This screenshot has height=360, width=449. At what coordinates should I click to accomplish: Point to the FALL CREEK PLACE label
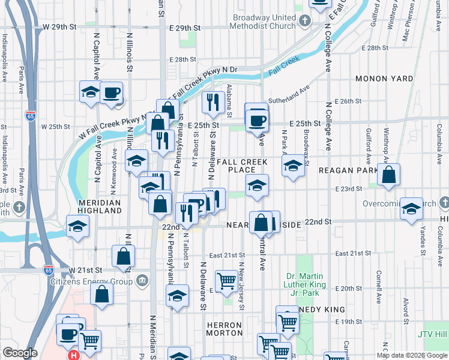[x=242, y=166]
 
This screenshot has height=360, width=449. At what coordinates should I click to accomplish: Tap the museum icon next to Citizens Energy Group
[x=143, y=280]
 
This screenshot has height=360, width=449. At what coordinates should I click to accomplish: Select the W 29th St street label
[x=60, y=28]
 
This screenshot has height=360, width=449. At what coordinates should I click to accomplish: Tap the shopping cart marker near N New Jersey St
[x=226, y=281]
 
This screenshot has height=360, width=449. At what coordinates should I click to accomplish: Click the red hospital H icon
[x=74, y=355]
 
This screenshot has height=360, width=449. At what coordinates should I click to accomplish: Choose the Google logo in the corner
[x=20, y=353]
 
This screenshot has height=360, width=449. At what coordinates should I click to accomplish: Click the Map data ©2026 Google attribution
[x=411, y=355]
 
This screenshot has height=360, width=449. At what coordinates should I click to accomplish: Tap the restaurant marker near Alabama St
[x=212, y=103]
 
